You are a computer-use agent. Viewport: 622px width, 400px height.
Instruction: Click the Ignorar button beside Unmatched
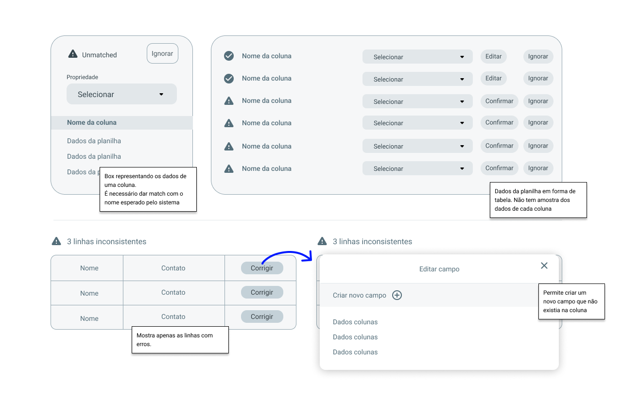pos(162,53)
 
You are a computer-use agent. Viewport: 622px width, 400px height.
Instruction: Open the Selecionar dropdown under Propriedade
pos(121,94)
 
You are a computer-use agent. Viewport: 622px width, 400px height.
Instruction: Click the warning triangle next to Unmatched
pos(73,54)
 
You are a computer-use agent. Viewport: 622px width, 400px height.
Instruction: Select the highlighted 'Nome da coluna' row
pos(121,123)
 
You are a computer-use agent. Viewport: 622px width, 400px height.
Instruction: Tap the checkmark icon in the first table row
pos(229,56)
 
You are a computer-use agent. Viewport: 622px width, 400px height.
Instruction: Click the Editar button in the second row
pos(493,79)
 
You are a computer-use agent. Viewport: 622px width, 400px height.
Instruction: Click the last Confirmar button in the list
pos(499,168)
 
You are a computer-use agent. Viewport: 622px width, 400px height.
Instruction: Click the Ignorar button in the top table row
pos(538,56)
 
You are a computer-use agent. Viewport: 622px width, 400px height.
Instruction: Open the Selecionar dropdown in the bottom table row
pos(417,168)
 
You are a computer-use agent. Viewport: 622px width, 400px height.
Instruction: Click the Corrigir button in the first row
pos(262,268)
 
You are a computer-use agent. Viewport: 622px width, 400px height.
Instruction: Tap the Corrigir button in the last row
pos(262,317)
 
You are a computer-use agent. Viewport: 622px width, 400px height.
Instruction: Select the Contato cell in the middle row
pos(173,292)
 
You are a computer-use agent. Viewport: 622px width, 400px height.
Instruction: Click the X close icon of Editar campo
pos(544,266)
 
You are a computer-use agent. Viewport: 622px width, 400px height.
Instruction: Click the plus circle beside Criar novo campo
pos(397,295)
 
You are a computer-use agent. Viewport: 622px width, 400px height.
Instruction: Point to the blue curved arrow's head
pos(311,258)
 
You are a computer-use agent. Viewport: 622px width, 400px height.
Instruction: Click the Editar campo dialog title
pos(439,269)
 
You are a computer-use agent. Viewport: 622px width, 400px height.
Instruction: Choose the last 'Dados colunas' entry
pos(355,352)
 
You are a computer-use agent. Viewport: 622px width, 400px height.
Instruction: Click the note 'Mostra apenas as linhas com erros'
pos(180,340)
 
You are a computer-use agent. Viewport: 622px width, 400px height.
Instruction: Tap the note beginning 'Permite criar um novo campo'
pos(571,301)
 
